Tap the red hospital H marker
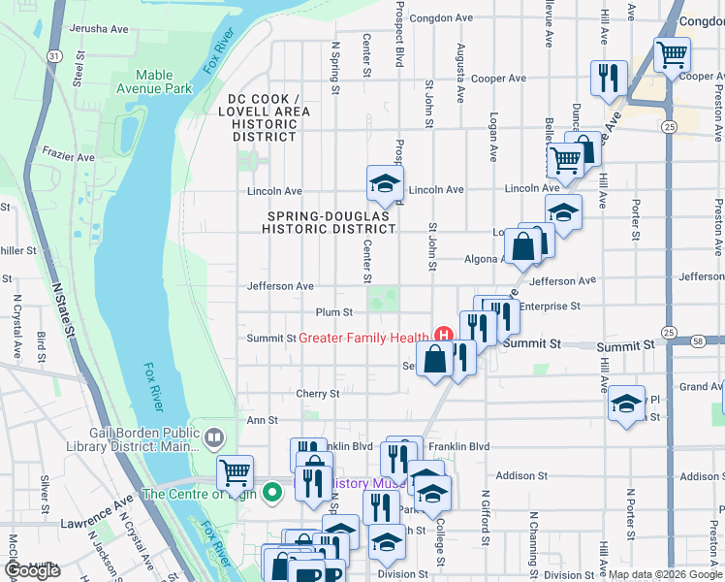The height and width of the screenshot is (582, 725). pyautogui.click(x=443, y=337)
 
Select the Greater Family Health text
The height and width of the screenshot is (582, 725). pyautogui.click(x=362, y=338)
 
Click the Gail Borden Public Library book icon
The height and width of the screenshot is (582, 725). pyautogui.click(x=213, y=437)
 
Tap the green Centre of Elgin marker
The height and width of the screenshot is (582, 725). pyautogui.click(x=273, y=493)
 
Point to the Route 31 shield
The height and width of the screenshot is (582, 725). pyautogui.click(x=48, y=58)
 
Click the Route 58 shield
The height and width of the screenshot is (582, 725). pyautogui.click(x=698, y=340)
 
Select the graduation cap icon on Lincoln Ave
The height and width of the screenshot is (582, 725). pyautogui.click(x=384, y=182)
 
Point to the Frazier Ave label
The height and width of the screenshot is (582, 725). pyautogui.click(x=67, y=156)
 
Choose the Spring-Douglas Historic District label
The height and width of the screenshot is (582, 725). pyautogui.click(x=331, y=221)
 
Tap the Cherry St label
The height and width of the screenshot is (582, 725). pyautogui.click(x=318, y=394)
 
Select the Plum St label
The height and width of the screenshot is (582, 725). pyautogui.click(x=332, y=312)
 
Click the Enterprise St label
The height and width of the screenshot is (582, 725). pyautogui.click(x=549, y=307)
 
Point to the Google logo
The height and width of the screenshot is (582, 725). pyautogui.click(x=33, y=570)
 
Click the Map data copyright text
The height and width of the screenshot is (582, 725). pyautogui.click(x=664, y=574)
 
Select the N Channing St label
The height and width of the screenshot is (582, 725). pyautogui.click(x=534, y=533)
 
